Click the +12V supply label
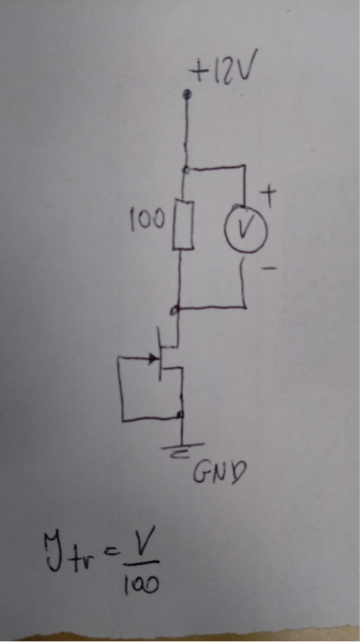coord(222,71)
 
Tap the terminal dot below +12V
coord(188,95)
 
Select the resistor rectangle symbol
coord(182,224)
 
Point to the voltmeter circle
coord(246,230)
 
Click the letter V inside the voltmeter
coord(245,229)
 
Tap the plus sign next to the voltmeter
coord(270,196)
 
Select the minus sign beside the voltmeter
coord(268,269)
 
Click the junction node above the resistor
coord(187,170)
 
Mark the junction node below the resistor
coord(176,311)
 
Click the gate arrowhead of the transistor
coord(153,359)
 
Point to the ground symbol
coord(182,449)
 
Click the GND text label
coord(219,474)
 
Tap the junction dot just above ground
coord(180,415)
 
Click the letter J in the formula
coord(55,553)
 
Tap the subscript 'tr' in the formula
coord(85,555)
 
